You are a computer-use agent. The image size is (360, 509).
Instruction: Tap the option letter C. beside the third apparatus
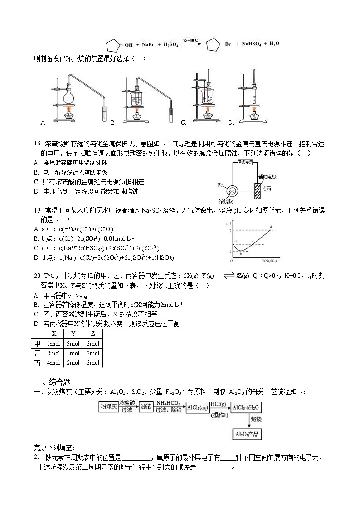point(184,122)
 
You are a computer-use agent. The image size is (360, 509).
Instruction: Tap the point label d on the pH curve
point(271,226)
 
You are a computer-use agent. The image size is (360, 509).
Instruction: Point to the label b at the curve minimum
point(241,255)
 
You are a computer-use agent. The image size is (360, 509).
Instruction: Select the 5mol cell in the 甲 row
point(73,344)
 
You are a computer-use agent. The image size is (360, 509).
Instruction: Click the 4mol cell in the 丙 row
point(54,363)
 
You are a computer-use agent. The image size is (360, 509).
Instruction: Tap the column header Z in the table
point(92,334)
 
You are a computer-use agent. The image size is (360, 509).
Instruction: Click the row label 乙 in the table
point(38,354)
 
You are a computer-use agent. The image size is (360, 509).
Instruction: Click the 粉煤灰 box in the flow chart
point(108,407)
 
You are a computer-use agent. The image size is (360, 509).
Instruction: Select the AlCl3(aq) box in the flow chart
point(197,407)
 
